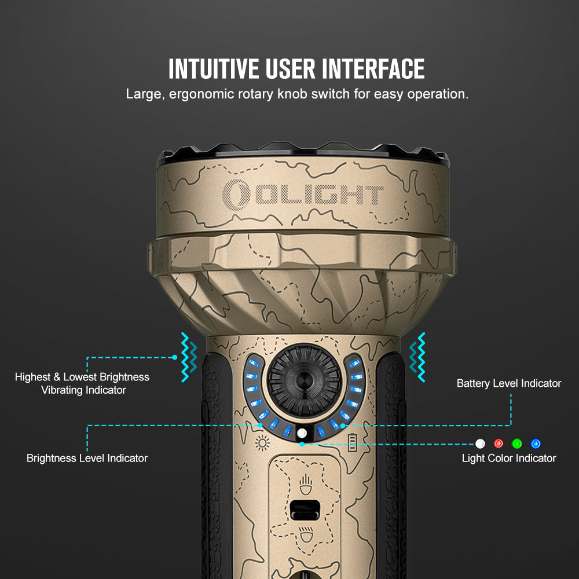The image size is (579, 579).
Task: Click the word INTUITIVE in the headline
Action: pyautogui.click(x=213, y=69)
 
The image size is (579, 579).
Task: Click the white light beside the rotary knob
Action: pyautogui.click(x=302, y=434)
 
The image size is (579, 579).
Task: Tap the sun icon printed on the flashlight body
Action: pyautogui.click(x=263, y=444)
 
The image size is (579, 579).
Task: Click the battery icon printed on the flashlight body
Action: pyautogui.click(x=352, y=444)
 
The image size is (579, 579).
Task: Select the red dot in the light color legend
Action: pyautogui.click(x=499, y=444)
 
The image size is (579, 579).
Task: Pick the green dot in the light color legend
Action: pyautogui.click(x=517, y=444)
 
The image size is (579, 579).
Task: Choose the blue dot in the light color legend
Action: pyautogui.click(x=536, y=444)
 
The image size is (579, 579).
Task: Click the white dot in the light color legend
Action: pyautogui.click(x=480, y=444)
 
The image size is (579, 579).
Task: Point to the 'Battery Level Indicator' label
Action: pyautogui.click(x=509, y=383)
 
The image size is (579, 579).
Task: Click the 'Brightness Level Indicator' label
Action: pyautogui.click(x=87, y=458)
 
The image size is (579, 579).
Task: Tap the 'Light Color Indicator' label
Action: pyautogui.click(x=509, y=458)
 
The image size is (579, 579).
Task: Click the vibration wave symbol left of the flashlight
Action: pyautogui.click(x=189, y=357)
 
